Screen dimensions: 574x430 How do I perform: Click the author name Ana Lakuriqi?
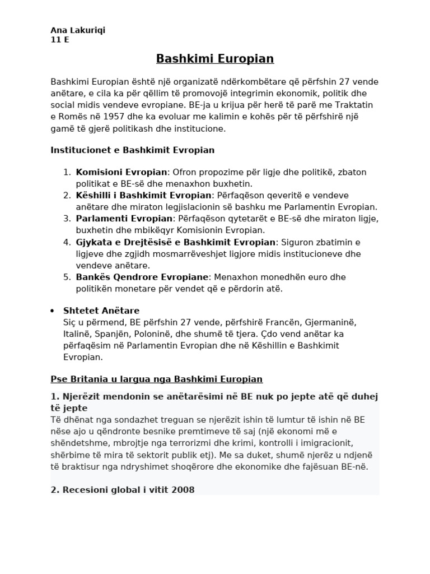(77, 30)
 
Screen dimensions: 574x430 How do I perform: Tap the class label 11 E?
(60, 40)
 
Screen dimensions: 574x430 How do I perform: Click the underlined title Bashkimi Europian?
(214, 59)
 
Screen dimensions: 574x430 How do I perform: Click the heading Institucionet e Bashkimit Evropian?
(132, 150)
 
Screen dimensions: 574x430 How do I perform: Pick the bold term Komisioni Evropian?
(121, 172)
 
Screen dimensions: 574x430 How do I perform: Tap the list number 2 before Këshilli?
(67, 195)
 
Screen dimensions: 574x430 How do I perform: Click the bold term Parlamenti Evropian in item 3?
(123, 218)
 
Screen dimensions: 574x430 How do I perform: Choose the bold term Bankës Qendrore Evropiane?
(142, 277)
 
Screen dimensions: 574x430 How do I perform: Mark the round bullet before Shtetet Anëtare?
(52, 311)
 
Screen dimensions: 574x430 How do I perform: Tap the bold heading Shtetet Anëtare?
(101, 311)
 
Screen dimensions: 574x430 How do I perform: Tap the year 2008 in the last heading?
(184, 490)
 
